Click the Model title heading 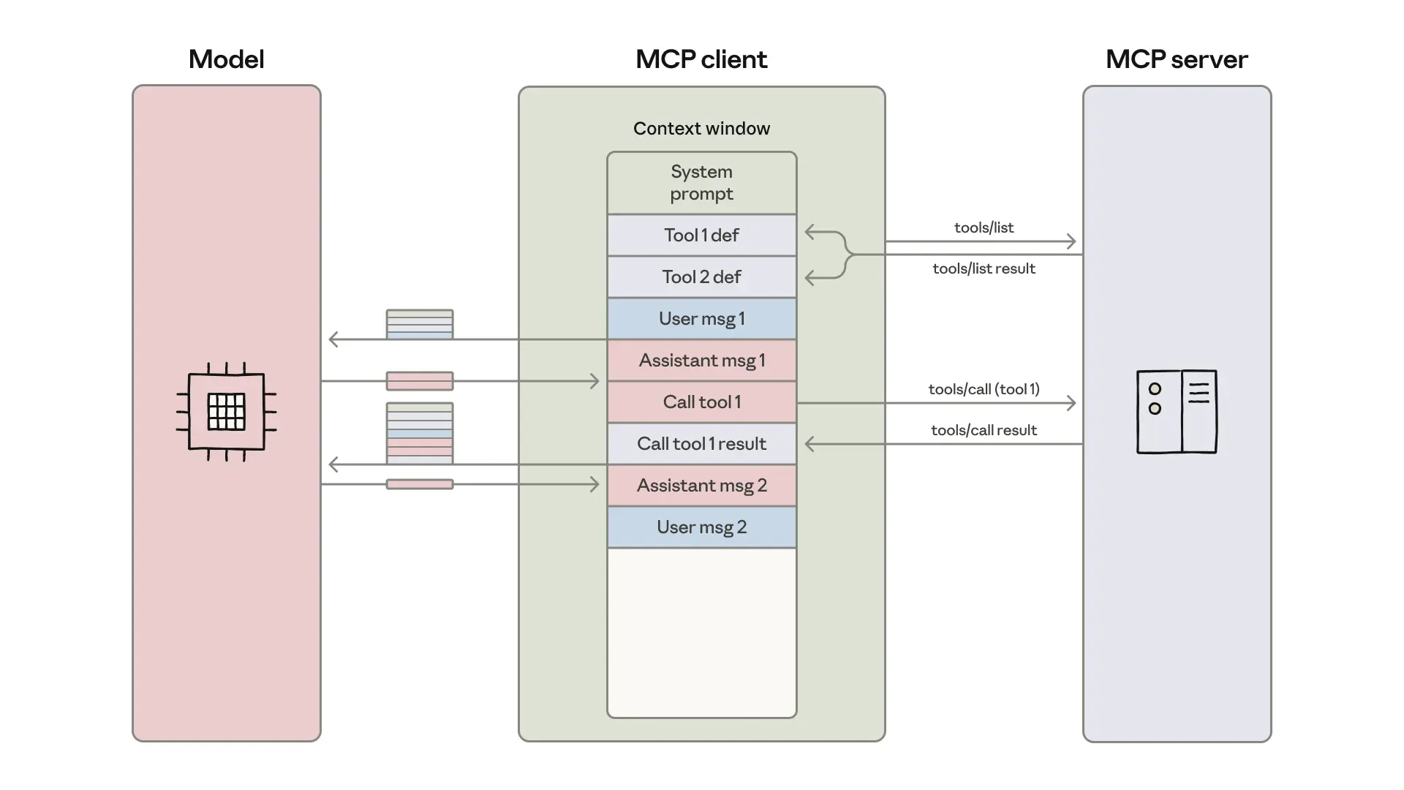pyautogui.click(x=226, y=59)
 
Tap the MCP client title pyautogui.click(x=701, y=59)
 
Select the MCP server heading pyautogui.click(x=1176, y=59)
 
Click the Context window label pyautogui.click(x=701, y=129)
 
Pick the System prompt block pyautogui.click(x=701, y=183)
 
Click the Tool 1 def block pyautogui.click(x=701, y=236)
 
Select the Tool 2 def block pyautogui.click(x=701, y=277)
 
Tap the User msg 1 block pyautogui.click(x=701, y=319)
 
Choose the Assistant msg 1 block pyautogui.click(x=701, y=361)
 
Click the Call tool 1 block pyautogui.click(x=701, y=402)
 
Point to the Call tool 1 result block pyautogui.click(x=701, y=444)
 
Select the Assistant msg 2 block pyautogui.click(x=701, y=486)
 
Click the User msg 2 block pyautogui.click(x=701, y=527)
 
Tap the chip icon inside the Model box pyautogui.click(x=226, y=412)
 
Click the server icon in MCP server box pyautogui.click(x=1176, y=412)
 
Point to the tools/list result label pyautogui.click(x=984, y=268)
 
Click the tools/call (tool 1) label pyautogui.click(x=984, y=389)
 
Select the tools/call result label pyautogui.click(x=984, y=430)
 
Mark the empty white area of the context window pyautogui.click(x=701, y=633)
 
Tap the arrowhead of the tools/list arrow pyautogui.click(x=1072, y=241)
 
